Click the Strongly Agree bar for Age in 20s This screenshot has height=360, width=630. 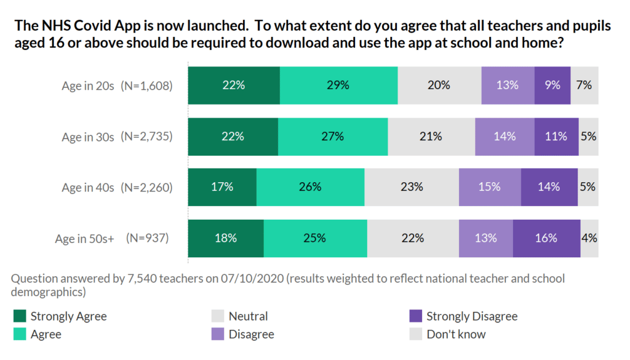(234, 85)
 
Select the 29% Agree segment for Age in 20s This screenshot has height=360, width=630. (338, 85)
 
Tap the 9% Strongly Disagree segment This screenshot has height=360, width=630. (552, 85)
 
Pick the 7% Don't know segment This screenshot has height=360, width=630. (584, 85)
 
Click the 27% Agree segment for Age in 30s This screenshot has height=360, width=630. (333, 136)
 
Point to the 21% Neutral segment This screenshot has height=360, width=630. (431, 136)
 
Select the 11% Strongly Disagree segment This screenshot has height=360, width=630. (556, 136)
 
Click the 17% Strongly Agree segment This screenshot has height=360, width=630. (222, 186)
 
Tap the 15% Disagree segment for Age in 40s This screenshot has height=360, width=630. (490, 186)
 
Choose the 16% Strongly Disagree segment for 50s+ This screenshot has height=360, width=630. (546, 238)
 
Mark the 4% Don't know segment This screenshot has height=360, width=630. (589, 238)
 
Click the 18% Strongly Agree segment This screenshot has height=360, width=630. (226, 238)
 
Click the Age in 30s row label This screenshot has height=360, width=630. (88, 137)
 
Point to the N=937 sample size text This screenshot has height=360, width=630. (147, 238)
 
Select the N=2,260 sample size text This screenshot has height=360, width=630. (146, 187)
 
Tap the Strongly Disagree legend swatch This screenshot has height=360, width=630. (415, 316)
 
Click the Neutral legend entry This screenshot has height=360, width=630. (248, 316)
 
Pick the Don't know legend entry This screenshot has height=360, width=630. (455, 334)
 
